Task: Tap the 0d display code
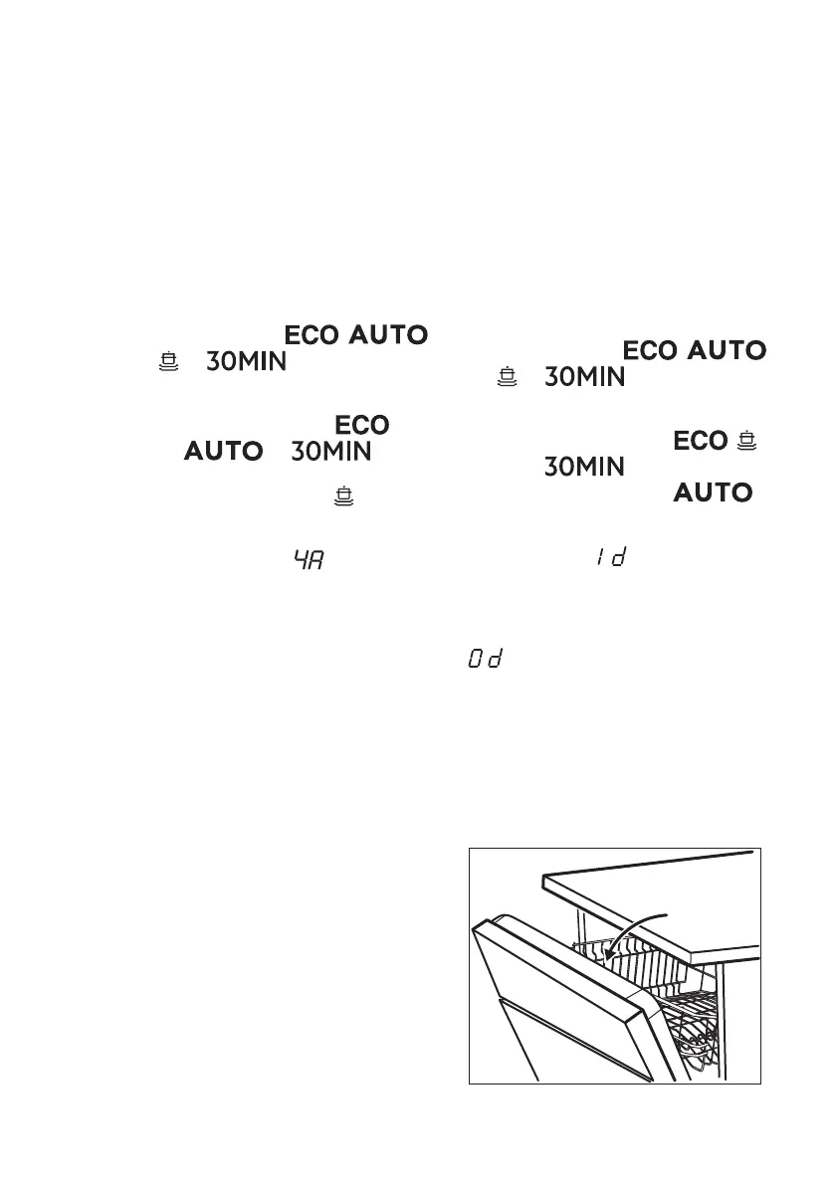482,660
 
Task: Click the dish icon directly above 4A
344,494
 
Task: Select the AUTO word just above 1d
713,492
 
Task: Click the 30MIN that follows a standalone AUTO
330,452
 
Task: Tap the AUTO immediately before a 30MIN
223,452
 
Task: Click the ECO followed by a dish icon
700,441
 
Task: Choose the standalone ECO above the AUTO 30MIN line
361,425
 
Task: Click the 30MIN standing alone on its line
585,466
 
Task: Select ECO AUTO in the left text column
356,336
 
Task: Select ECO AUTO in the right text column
694,350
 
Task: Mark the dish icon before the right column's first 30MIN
509,377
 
